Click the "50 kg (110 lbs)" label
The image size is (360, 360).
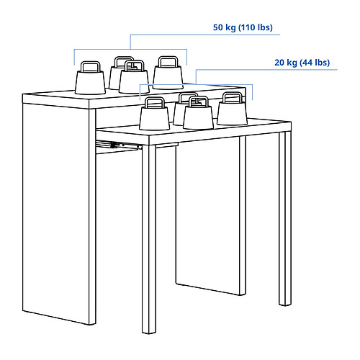(x=243, y=27)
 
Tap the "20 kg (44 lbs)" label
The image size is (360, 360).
(x=301, y=63)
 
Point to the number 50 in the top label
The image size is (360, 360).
(x=218, y=27)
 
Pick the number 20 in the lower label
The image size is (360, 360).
(x=279, y=63)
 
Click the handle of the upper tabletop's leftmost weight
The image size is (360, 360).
(x=90, y=66)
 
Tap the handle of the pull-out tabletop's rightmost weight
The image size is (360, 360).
(x=232, y=97)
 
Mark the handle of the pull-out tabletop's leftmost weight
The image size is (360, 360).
(x=153, y=102)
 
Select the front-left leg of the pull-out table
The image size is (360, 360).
(x=148, y=238)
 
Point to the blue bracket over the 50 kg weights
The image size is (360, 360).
(x=130, y=49)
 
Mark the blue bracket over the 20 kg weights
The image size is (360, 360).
(x=196, y=85)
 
